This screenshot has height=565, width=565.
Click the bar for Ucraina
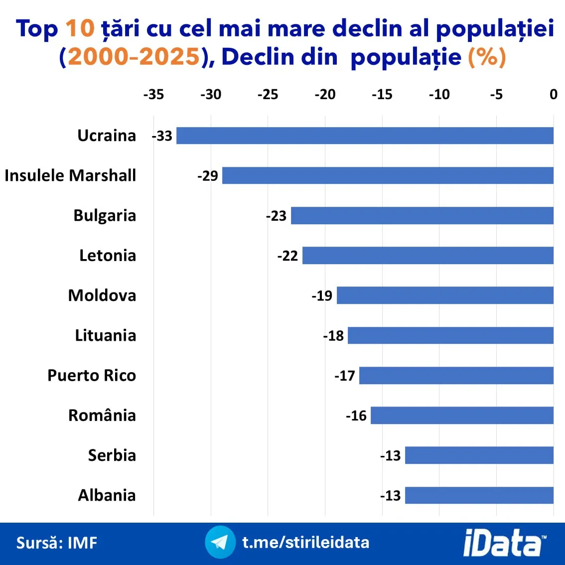(x=365, y=136)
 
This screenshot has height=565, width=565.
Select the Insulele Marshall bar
(x=388, y=175)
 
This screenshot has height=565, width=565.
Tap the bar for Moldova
(x=445, y=295)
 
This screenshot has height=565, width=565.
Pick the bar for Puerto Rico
(x=456, y=375)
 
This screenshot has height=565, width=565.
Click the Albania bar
(x=479, y=495)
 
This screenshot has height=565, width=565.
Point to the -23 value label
(x=277, y=216)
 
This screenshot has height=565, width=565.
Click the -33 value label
(x=162, y=136)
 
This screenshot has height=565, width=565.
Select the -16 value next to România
(x=356, y=416)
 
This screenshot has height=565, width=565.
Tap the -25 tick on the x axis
(x=268, y=95)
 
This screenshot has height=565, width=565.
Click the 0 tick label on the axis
(x=553, y=95)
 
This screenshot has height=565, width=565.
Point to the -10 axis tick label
(x=439, y=95)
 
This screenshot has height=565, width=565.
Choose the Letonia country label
(x=108, y=256)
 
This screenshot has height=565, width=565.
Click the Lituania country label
(x=106, y=335)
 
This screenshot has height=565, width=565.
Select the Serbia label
(x=112, y=455)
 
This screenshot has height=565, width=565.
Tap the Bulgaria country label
(x=105, y=215)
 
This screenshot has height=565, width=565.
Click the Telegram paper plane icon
(x=220, y=542)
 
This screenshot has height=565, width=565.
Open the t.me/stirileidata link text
(x=306, y=542)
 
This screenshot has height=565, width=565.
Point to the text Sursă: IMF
(x=57, y=543)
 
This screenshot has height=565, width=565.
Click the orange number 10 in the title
(x=80, y=28)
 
